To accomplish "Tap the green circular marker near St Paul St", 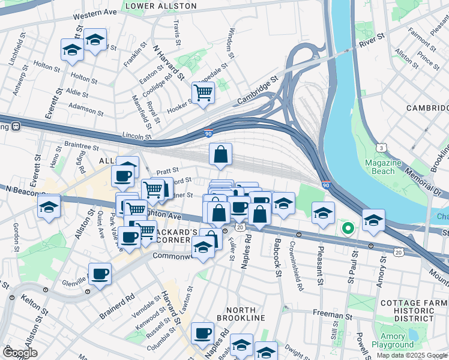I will click(347, 229).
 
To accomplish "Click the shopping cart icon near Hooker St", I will click(203, 92).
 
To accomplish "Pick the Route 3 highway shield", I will click(381, 148).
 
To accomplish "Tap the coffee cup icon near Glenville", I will click(100, 274).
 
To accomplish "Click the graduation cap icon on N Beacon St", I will click(48, 207).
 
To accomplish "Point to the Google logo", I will click(20, 352).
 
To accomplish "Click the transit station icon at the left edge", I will click(15, 127).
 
